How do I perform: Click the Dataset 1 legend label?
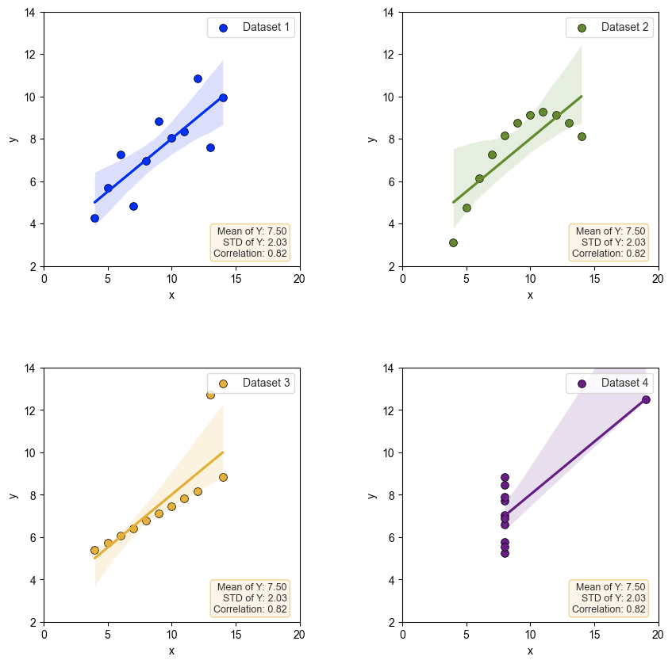click(x=265, y=28)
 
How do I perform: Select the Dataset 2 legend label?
click(x=624, y=28)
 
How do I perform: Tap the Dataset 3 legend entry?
click(x=265, y=384)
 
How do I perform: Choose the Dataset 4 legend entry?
click(x=624, y=384)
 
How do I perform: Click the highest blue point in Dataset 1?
click(x=198, y=78)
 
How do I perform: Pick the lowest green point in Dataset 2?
click(x=453, y=242)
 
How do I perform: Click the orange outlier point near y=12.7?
click(x=210, y=395)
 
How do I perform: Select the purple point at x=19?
click(x=646, y=399)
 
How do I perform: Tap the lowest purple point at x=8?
click(x=505, y=553)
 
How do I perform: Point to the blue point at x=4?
click(x=94, y=218)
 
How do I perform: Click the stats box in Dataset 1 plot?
click(x=250, y=242)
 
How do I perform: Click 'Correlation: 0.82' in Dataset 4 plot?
click(x=609, y=609)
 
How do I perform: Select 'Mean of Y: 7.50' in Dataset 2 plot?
click(x=610, y=231)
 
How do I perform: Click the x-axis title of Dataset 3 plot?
click(x=171, y=651)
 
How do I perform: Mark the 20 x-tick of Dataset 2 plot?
click(x=658, y=278)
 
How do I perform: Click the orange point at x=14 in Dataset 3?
click(x=223, y=477)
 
